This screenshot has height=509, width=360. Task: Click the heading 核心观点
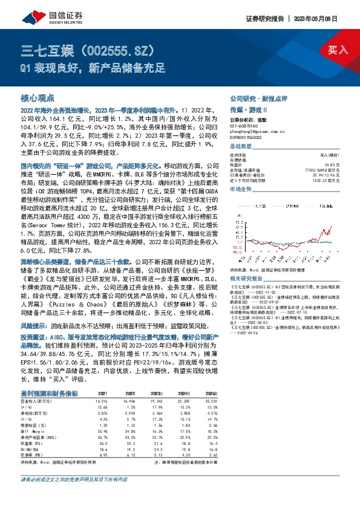[x=38, y=97]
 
